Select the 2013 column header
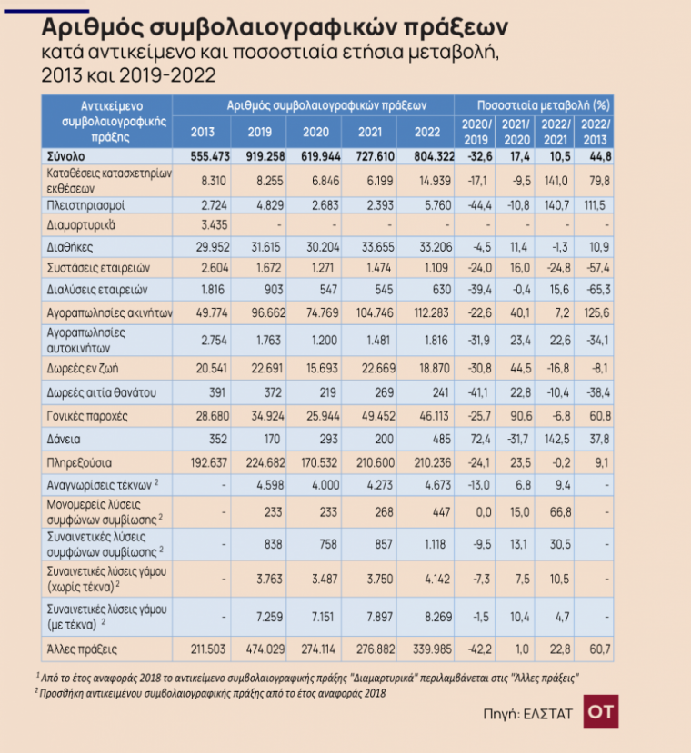203,131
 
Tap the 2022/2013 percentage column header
595,131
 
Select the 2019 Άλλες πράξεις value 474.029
259,650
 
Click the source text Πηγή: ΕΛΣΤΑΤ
528,714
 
